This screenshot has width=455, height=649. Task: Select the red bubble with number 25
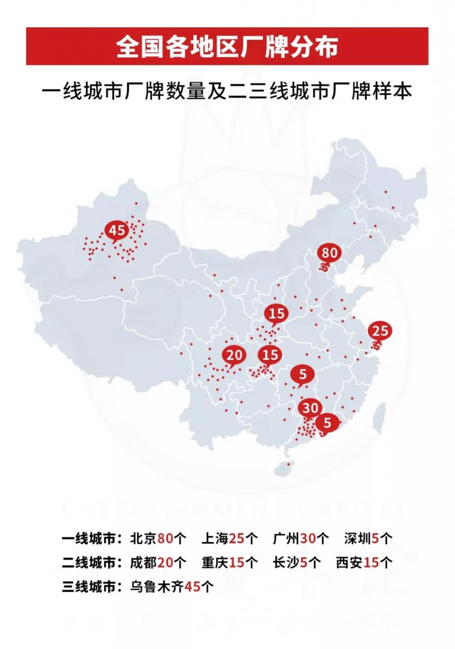click(x=380, y=331)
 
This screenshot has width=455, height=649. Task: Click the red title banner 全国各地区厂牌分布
click(x=227, y=47)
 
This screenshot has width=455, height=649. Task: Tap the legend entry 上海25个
click(x=230, y=538)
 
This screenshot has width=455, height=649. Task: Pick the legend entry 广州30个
click(x=301, y=538)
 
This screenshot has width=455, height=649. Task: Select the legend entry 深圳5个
click(x=368, y=538)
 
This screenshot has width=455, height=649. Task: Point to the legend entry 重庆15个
click(x=230, y=562)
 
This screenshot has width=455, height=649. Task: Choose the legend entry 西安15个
click(x=364, y=562)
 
